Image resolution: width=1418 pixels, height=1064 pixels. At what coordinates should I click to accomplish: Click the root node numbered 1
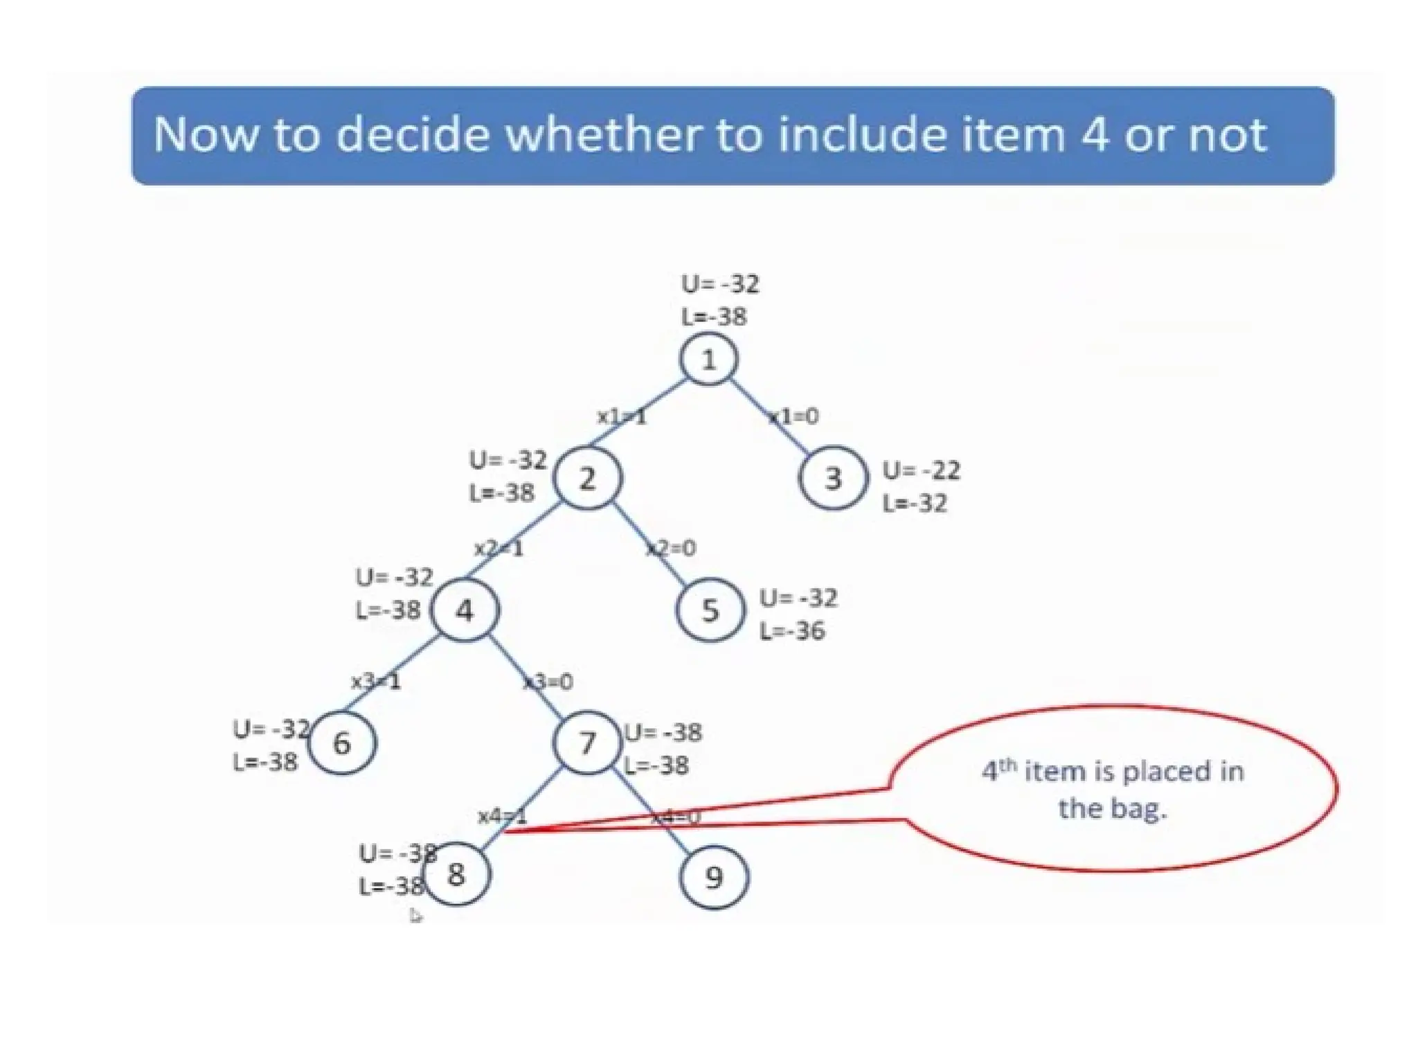tap(708, 360)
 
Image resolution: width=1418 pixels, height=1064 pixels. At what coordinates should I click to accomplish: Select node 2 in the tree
tap(587, 478)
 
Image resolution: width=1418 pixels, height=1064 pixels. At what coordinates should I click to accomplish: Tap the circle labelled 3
tap(833, 478)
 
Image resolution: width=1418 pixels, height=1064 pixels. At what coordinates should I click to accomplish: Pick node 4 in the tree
tap(465, 610)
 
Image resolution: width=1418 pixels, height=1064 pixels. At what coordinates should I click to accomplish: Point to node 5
tap(710, 610)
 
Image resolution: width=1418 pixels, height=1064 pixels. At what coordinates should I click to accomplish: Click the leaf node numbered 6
tap(342, 743)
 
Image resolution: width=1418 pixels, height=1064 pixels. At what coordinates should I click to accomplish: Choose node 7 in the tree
tap(587, 743)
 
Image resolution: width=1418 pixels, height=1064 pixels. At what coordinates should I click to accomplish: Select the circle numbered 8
tap(456, 874)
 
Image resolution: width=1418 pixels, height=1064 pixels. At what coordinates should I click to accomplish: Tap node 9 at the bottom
tap(714, 877)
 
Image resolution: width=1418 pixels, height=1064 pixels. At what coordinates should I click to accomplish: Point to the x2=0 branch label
tap(671, 549)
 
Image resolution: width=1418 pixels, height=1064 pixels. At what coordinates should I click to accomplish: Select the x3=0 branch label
tap(548, 682)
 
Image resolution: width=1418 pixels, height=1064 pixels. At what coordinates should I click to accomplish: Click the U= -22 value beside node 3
tap(922, 471)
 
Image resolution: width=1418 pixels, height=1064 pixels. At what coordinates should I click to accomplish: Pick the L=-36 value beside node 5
tap(792, 631)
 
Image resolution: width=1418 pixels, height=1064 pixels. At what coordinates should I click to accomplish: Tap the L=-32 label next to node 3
tap(915, 504)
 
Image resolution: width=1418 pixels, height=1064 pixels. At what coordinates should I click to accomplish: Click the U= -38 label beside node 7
tap(663, 732)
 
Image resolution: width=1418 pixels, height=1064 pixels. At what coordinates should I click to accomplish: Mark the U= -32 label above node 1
tap(720, 284)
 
